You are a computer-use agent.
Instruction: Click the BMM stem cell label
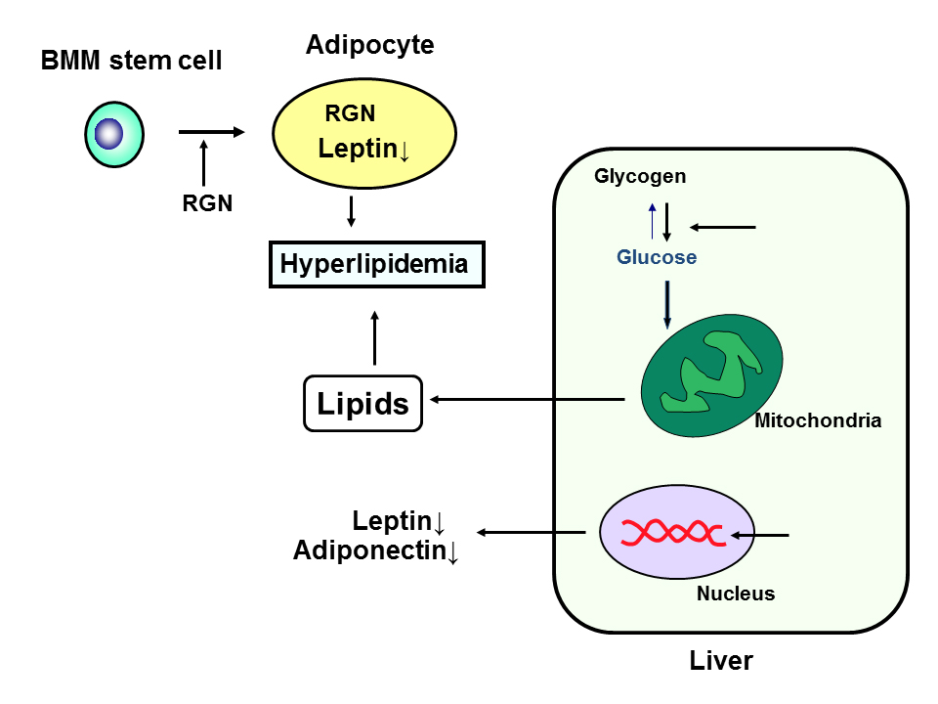[131, 62]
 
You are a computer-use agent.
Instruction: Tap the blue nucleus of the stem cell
[112, 133]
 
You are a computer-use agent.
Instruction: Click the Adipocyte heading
[369, 45]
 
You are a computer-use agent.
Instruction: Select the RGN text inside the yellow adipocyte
[350, 113]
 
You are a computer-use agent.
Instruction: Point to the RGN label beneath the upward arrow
[207, 203]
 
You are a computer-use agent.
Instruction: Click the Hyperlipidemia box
[377, 265]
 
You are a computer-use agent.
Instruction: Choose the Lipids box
[362, 403]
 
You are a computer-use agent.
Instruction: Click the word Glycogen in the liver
[640, 177]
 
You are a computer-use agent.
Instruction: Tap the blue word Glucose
[657, 258]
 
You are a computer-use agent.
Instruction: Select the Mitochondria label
[818, 421]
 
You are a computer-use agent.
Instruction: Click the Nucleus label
[735, 594]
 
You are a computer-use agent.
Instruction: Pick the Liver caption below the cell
[721, 661]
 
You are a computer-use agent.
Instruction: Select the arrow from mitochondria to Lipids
[528, 399]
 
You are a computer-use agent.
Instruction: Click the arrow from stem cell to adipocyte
[211, 131]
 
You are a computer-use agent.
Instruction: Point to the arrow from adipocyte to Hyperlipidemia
[351, 211]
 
